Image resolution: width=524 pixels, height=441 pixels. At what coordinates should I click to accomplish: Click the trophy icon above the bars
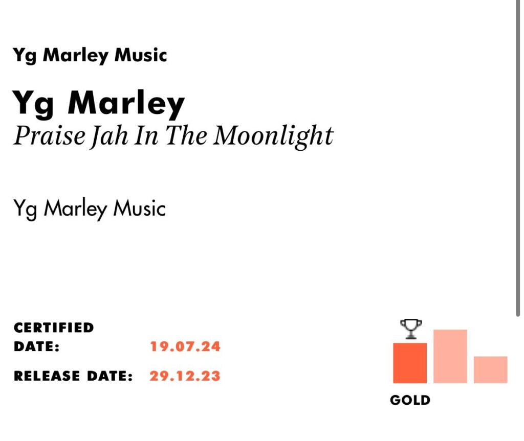[x=411, y=329]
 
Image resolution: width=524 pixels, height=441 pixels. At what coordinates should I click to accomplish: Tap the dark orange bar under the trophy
[x=410, y=363]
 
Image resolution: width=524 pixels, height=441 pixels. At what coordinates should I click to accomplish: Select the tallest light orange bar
[x=450, y=356]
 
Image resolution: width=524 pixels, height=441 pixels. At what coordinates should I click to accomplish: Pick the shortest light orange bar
[x=491, y=369]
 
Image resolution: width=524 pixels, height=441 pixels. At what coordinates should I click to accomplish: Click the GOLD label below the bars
[x=410, y=400]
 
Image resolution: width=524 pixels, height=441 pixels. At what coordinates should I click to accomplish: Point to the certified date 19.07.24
[x=185, y=346]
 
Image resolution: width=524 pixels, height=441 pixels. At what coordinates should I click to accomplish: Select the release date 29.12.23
[x=185, y=376]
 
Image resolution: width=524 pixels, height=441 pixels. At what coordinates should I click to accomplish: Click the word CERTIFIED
[x=54, y=328]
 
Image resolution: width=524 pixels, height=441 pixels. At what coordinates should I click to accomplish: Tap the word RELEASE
[x=47, y=376]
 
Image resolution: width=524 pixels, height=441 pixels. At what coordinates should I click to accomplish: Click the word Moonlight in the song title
[x=273, y=136]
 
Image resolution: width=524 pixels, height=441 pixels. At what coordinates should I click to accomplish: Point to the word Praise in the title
[x=50, y=135]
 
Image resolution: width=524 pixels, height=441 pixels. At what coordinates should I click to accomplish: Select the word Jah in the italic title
[x=109, y=136]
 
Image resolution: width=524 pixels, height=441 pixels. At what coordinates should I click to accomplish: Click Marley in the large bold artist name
[x=126, y=103]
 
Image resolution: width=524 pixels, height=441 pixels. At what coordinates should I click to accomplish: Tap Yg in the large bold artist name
[x=33, y=104]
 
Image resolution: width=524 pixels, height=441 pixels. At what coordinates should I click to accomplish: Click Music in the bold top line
[x=141, y=55]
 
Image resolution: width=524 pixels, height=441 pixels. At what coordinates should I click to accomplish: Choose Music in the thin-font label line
[x=139, y=208]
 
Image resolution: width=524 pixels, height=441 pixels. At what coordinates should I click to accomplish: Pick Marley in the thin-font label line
[x=76, y=208]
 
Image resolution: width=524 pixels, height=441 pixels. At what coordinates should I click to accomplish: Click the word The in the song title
[x=186, y=135]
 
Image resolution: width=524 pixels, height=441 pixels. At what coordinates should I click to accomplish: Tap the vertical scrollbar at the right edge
[x=518, y=157]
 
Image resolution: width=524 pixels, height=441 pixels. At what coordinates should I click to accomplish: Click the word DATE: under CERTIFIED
[x=36, y=346]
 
